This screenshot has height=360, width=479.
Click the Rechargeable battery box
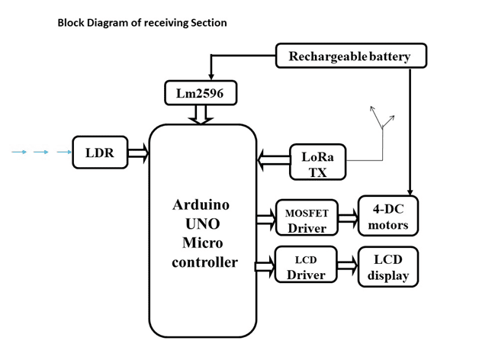coord(350,56)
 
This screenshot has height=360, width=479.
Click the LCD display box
coord(389,266)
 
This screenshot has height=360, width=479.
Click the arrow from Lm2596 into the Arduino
coord(204,115)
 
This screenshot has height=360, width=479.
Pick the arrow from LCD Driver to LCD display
coord(348,266)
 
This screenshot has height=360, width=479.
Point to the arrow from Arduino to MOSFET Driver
coord(265,219)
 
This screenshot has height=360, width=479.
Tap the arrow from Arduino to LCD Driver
coord(265,266)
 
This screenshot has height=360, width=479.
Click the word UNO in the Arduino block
coord(202,224)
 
